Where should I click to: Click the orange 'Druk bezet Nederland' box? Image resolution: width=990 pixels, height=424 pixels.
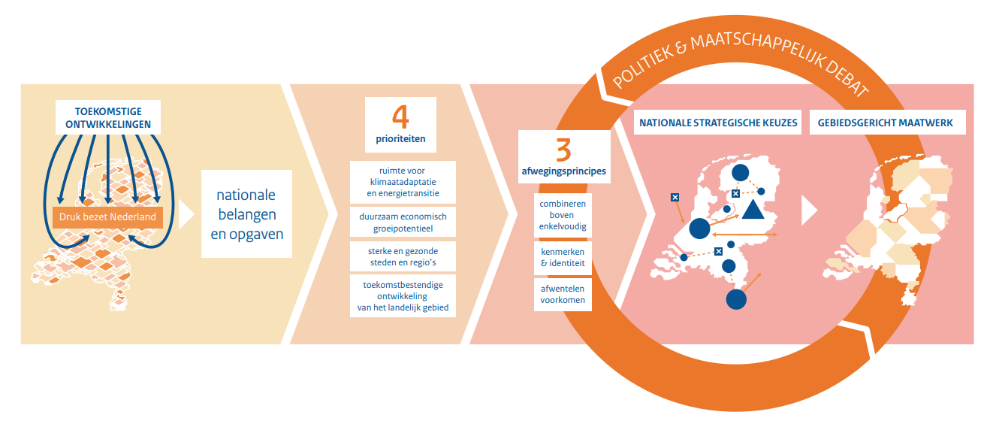(x=107, y=217)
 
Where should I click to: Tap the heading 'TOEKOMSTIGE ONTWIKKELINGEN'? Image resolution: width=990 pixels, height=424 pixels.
(x=108, y=117)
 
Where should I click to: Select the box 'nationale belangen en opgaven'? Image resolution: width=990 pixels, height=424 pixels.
(x=246, y=214)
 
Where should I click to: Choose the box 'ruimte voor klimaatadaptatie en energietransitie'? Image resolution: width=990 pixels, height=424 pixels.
(x=403, y=182)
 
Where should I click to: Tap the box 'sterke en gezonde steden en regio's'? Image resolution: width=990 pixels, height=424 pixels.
(x=403, y=256)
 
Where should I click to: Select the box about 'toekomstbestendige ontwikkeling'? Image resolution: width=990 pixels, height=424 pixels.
(x=403, y=295)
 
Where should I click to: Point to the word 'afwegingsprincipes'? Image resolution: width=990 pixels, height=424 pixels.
(x=563, y=171)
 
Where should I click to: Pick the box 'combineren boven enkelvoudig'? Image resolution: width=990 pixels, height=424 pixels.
(x=563, y=215)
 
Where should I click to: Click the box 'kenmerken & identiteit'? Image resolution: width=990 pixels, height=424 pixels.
(x=563, y=256)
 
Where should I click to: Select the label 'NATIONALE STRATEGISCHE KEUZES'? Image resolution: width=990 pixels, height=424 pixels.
(x=718, y=123)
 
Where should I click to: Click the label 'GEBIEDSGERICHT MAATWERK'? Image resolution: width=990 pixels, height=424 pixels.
(x=887, y=123)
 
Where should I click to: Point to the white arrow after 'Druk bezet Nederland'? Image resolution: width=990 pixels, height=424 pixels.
(x=186, y=214)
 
